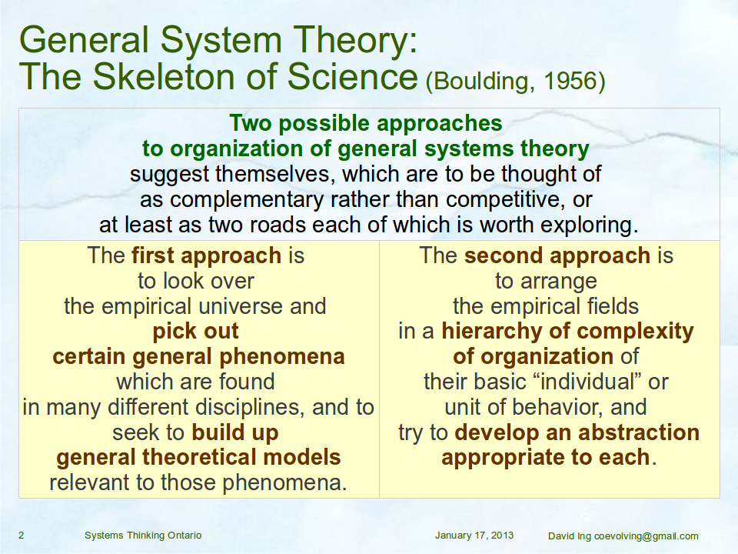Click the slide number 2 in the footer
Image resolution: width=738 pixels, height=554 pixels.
tap(22, 536)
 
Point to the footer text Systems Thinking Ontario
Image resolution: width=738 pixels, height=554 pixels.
tap(143, 536)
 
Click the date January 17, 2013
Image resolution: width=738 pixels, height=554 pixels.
tap(474, 536)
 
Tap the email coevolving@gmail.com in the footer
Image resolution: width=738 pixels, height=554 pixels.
tap(647, 536)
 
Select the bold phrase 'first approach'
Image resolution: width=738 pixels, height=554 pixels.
tap(206, 255)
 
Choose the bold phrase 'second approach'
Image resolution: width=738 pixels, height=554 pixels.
tap(557, 255)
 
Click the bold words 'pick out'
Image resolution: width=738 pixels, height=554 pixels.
tap(196, 332)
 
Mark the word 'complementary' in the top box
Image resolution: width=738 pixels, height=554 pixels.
tap(246, 200)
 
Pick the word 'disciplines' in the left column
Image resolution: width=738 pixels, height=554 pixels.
tap(250, 408)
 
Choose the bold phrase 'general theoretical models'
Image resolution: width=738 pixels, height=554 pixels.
tap(198, 457)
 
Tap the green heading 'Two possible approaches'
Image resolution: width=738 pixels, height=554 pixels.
tap(366, 124)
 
